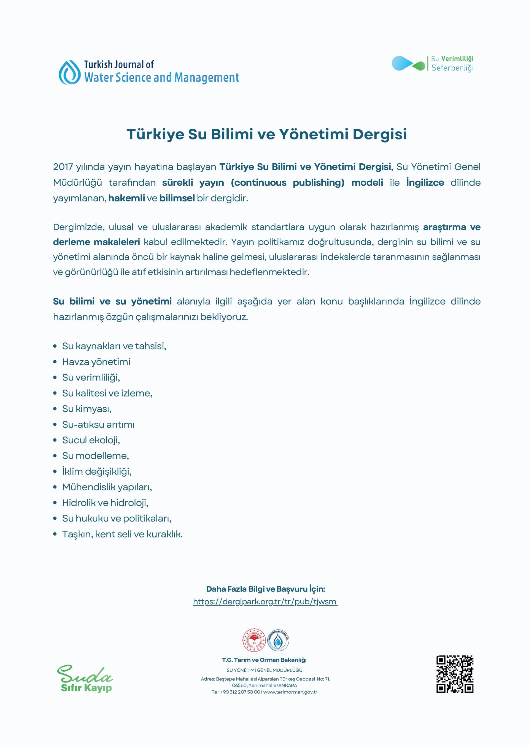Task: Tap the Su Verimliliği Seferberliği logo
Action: (432, 64)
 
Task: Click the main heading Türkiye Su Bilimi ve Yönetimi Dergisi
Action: (266, 134)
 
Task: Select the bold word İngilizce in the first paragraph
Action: (425, 182)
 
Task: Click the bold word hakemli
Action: (126, 198)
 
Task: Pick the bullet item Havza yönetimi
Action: (96, 362)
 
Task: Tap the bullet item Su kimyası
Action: (87, 409)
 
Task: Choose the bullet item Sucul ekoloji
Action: (91, 440)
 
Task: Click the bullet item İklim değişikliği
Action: (97, 471)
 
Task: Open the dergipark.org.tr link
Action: (265, 601)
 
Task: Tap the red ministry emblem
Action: (254, 640)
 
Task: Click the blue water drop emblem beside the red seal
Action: (278, 640)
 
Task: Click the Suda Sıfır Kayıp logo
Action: (86, 680)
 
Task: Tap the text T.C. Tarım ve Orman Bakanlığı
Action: (264, 660)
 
